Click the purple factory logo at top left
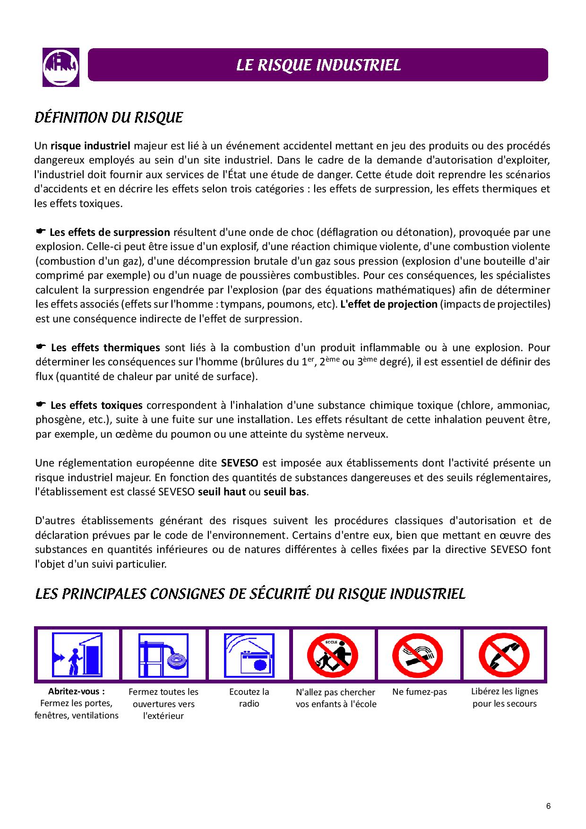61,67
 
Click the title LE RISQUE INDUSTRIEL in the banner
318,65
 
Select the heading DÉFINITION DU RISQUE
109,117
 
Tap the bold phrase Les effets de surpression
110,232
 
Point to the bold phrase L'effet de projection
388,304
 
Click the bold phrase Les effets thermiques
105,347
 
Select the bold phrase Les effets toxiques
96,405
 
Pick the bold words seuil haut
222,492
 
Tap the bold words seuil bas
285,492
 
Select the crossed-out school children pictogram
333,655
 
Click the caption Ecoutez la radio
249,698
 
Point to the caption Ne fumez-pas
420,692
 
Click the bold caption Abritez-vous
77,691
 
